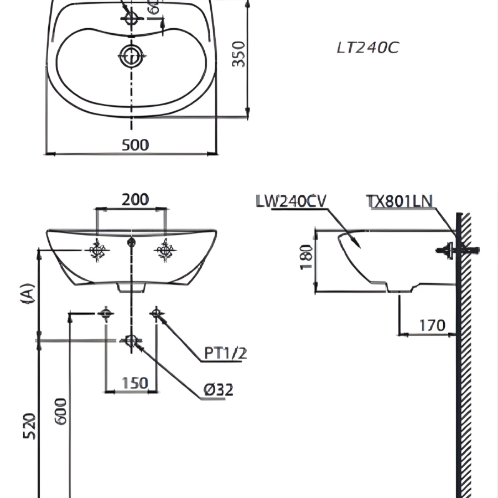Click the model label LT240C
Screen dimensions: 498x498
[368, 48]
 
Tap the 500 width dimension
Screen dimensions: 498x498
[136, 145]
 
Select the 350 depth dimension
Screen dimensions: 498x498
[238, 54]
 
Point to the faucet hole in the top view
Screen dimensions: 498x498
[132, 18]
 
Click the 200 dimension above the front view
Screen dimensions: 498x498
[136, 199]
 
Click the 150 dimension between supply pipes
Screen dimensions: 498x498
[135, 383]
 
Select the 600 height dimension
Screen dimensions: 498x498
[61, 411]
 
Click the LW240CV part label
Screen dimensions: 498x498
[291, 201]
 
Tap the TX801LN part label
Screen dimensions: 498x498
[400, 201]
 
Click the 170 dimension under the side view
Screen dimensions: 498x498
[432, 325]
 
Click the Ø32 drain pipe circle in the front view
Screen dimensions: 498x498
[131, 340]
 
